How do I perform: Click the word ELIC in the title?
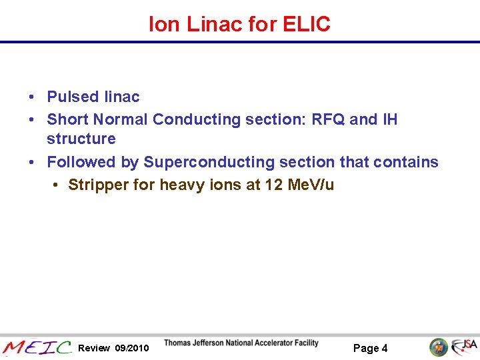click(x=306, y=25)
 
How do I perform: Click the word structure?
click(x=81, y=139)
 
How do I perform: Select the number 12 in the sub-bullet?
click(x=273, y=185)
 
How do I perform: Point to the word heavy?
click(x=181, y=185)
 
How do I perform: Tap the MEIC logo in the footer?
click(x=37, y=347)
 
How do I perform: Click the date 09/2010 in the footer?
click(x=132, y=348)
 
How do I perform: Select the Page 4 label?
click(x=370, y=348)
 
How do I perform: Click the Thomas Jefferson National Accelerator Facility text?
click(x=241, y=343)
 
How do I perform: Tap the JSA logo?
click(x=464, y=347)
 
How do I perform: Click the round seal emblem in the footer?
click(x=438, y=347)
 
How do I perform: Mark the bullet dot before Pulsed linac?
click(x=32, y=97)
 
